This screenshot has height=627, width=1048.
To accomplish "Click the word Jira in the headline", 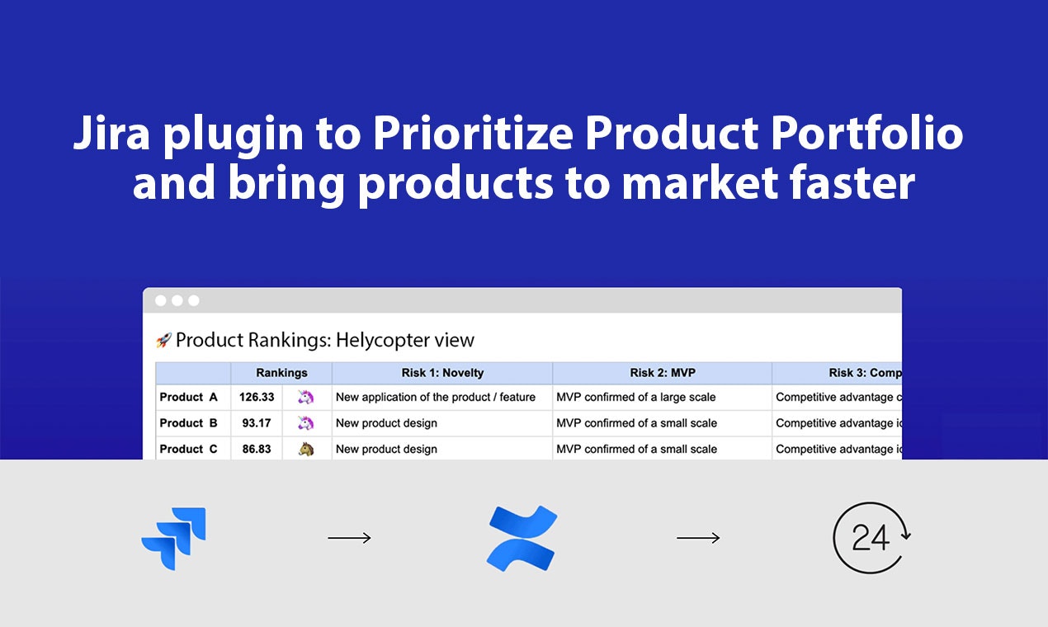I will (111, 134).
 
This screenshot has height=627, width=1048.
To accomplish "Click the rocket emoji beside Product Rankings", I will (163, 340).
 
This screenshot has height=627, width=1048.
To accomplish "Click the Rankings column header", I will (281, 373).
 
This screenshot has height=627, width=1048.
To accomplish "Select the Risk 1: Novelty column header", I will (442, 373).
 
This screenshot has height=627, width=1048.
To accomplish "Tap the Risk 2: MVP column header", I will (662, 373).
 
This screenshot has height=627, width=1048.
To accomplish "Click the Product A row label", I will (189, 397).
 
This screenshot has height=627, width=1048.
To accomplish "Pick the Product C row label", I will (189, 449).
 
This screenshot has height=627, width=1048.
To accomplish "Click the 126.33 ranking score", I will (257, 397).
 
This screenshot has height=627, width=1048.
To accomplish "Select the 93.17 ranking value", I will (257, 423).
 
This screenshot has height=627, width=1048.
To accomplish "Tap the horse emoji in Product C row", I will (306, 449).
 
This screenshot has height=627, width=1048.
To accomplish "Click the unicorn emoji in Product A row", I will (306, 397).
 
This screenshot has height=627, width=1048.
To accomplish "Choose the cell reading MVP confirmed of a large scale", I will (636, 397).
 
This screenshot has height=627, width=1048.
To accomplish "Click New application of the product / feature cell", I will (436, 397).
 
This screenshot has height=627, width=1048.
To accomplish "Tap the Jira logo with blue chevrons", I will (174, 539).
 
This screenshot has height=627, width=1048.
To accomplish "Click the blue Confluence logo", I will (522, 539).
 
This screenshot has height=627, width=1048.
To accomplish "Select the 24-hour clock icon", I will (871, 538).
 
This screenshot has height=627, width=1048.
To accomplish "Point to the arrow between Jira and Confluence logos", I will (349, 539).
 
